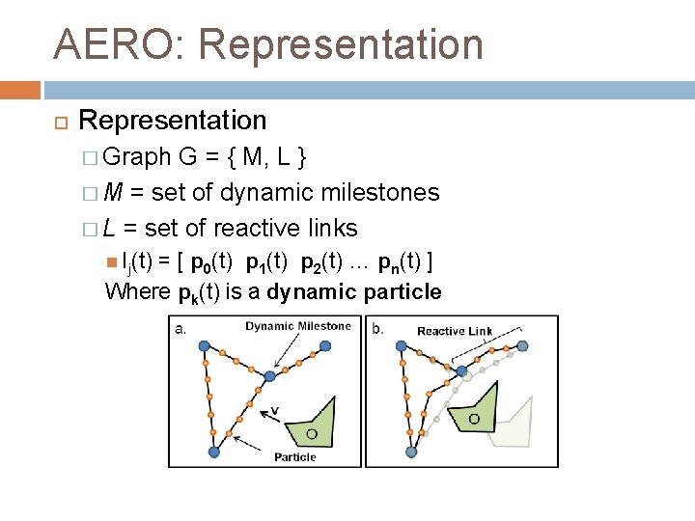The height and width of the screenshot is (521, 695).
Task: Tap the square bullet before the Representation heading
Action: coord(57,122)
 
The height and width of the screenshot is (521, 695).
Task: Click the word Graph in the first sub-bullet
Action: coord(134,156)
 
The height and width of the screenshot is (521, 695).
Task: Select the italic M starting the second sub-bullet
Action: coord(112,192)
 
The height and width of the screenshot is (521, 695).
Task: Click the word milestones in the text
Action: coord(383,192)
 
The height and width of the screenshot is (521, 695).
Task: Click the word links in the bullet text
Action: coord(333,228)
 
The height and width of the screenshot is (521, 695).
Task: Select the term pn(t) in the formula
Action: coord(399,261)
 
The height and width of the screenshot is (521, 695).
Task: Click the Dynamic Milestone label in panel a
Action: coord(298,326)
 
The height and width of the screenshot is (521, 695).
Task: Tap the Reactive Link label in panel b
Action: coord(454,331)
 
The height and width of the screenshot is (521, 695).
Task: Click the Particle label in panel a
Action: coord(294,456)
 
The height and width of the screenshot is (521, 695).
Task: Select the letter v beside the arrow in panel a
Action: coord(275,410)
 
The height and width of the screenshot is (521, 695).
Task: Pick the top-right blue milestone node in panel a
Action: coord(269,375)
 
